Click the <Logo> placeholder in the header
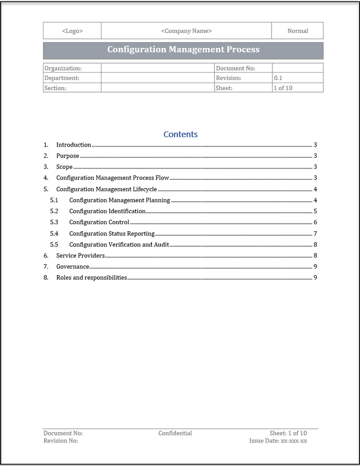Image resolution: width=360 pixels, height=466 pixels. [72, 31]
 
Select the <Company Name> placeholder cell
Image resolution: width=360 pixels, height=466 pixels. [186, 31]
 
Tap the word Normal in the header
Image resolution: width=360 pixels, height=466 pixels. [297, 31]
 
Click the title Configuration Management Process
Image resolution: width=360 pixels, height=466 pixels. [183, 50]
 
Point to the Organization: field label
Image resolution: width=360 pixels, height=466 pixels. [63, 68]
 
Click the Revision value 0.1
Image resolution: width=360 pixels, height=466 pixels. [278, 78]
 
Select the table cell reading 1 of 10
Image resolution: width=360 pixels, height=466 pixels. [282, 88]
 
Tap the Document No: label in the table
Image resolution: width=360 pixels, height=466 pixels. [235, 68]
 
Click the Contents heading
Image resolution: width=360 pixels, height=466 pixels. [180, 134]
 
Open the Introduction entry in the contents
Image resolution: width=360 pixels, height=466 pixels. [73, 145]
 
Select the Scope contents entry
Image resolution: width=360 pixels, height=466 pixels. [64, 167]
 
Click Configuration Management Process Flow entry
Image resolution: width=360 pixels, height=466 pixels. [112, 178]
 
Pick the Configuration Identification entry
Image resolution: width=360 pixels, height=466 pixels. [107, 211]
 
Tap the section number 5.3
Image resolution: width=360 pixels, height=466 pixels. [54, 222]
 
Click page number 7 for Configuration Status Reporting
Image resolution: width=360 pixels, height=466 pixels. [315, 234]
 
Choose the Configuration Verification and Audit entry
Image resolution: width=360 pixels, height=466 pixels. [119, 245]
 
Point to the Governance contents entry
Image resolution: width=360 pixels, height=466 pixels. [72, 267]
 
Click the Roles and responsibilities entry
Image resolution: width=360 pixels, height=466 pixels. [91, 278]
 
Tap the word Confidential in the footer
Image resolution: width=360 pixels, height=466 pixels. [175, 433]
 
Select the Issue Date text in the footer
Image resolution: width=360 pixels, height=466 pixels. [278, 441]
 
